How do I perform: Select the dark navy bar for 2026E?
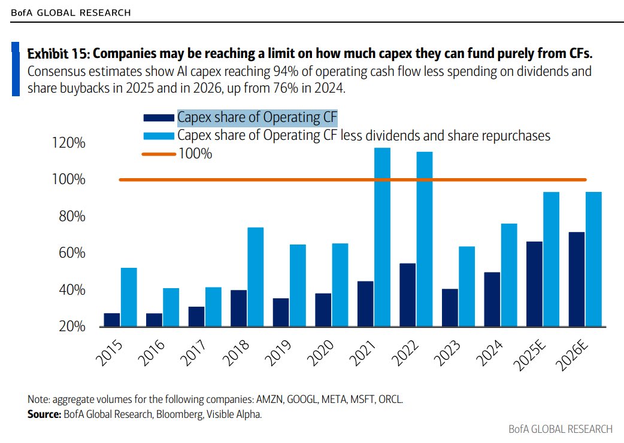pyautogui.click(x=577, y=279)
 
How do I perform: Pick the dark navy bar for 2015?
pyautogui.click(x=111, y=320)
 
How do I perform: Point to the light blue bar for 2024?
pyautogui.click(x=508, y=275)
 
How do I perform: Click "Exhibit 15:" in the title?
pyautogui.click(x=57, y=53)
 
